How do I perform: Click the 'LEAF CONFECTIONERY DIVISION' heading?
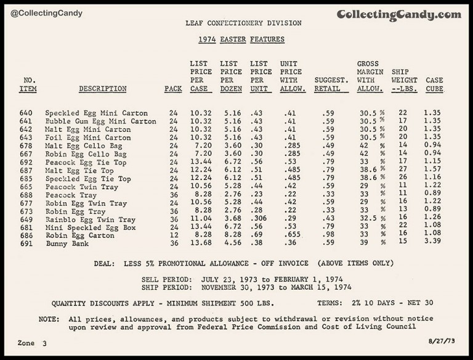244,23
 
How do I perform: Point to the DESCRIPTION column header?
103,89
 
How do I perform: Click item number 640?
28,113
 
